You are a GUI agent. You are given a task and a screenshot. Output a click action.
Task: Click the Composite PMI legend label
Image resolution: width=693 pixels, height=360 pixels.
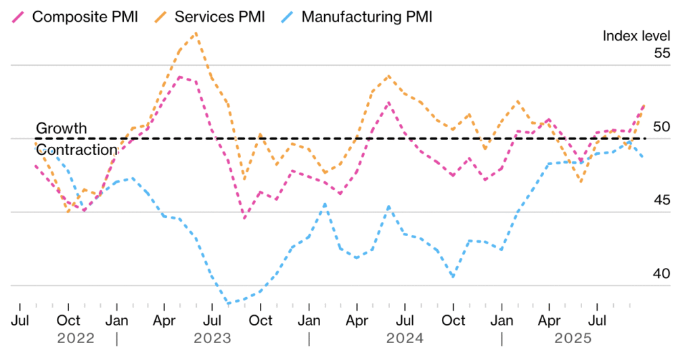pyautogui.click(x=85, y=16)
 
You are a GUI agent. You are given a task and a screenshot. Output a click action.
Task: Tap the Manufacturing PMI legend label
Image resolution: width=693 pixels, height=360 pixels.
pyautogui.click(x=366, y=16)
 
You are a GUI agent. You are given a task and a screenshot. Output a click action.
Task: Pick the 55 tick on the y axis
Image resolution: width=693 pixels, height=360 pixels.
pyautogui.click(x=661, y=53)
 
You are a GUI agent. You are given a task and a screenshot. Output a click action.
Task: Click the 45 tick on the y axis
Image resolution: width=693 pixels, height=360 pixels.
pyautogui.click(x=661, y=200)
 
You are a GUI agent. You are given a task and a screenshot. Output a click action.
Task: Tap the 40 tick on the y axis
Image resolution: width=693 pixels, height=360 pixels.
pyautogui.click(x=661, y=274)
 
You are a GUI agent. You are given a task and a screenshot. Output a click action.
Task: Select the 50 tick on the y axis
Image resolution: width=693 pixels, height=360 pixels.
pyautogui.click(x=661, y=127)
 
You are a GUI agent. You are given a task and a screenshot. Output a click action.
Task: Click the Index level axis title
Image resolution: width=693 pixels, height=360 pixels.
pyautogui.click(x=636, y=36)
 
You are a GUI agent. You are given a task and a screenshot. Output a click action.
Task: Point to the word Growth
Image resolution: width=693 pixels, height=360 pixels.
pyautogui.click(x=61, y=128)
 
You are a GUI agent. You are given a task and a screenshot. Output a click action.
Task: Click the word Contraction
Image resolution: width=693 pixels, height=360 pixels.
pyautogui.click(x=76, y=150)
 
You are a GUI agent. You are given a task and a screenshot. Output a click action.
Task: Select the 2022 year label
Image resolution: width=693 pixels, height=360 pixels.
pyautogui.click(x=76, y=338)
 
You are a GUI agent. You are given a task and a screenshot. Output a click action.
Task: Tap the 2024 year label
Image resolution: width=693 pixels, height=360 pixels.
pyautogui.click(x=405, y=338)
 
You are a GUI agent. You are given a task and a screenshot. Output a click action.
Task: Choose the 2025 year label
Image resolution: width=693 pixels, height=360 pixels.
pyautogui.click(x=574, y=338)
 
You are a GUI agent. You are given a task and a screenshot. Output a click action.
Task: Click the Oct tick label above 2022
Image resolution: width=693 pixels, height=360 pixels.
pyautogui.click(x=68, y=319)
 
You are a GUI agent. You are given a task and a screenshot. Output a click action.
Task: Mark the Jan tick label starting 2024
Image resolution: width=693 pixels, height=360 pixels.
pyautogui.click(x=309, y=319)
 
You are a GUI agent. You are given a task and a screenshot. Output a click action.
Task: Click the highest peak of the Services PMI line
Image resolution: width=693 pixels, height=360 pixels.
pyautogui.click(x=196, y=32)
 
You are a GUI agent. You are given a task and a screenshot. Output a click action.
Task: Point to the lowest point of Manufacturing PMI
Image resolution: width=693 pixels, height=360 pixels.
pyautogui.click(x=228, y=304)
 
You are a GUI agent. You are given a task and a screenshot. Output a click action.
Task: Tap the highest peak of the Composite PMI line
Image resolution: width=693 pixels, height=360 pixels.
pyautogui.click(x=179, y=76)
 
